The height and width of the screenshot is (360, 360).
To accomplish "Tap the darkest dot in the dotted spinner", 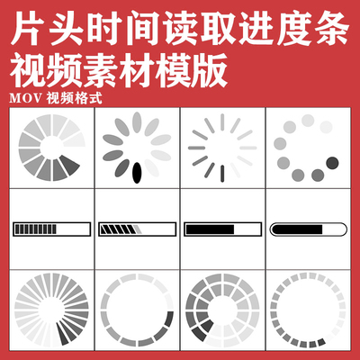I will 333,162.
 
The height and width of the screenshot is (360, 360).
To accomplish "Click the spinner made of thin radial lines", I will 221,148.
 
